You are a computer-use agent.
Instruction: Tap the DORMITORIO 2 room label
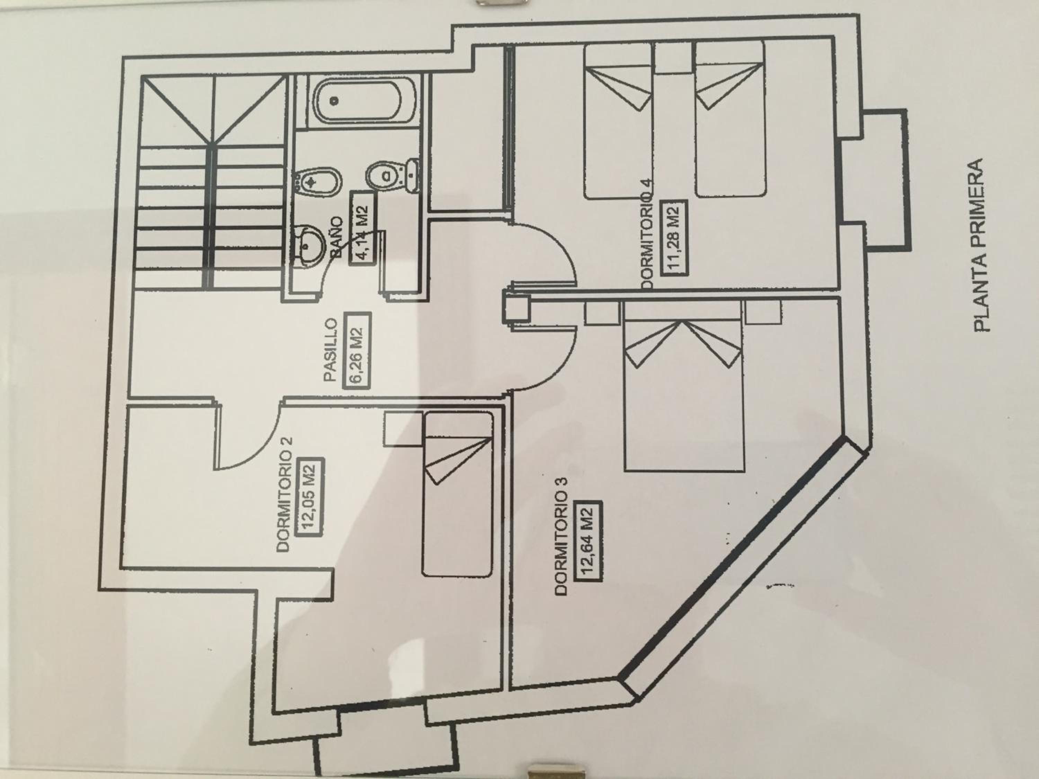[285, 494]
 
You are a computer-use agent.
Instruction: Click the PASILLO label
[330, 350]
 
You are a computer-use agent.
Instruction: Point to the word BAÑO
[337, 238]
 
